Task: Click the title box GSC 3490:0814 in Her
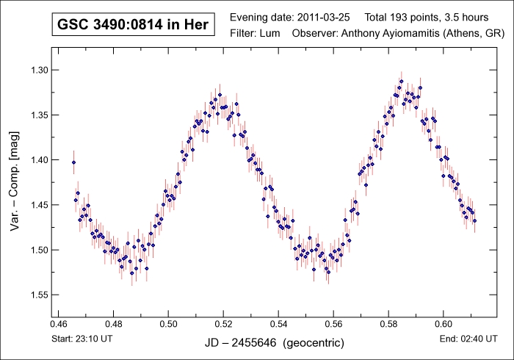[x=133, y=24]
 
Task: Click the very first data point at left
[x=73, y=162]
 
